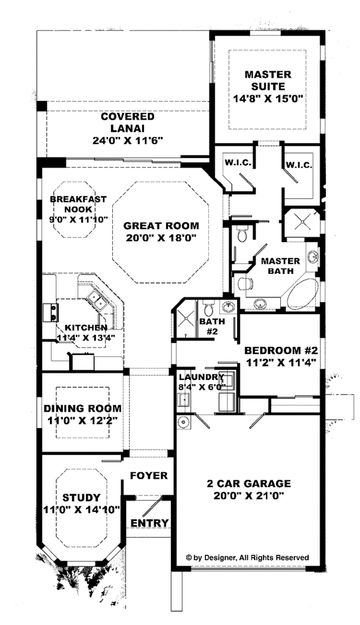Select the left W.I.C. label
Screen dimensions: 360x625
[238, 163]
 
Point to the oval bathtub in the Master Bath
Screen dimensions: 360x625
[304, 294]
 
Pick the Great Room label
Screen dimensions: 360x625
[161, 226]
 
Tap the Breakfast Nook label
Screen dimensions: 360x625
[79, 204]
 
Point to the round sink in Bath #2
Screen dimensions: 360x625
[228, 307]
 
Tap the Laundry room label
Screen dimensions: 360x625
[201, 377]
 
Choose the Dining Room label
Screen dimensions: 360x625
[82, 408]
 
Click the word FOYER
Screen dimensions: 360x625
[149, 476]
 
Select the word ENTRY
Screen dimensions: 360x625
[149, 522]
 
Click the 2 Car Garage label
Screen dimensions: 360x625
[249, 483]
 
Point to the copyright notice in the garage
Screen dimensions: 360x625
[247, 558]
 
